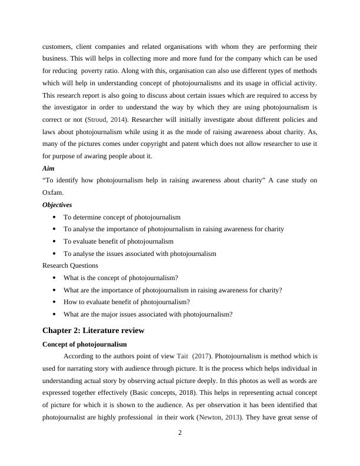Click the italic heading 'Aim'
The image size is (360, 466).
point(48,168)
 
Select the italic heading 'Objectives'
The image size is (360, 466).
point(57,205)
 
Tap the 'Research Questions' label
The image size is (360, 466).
point(70,265)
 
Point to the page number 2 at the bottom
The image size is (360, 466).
point(180,434)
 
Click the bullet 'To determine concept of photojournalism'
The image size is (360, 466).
point(122,217)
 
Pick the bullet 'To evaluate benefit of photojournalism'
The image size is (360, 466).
point(118,241)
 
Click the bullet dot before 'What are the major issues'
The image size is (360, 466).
point(54,314)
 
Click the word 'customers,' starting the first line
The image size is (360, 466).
point(59,46)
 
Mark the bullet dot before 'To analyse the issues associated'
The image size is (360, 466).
point(54,254)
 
